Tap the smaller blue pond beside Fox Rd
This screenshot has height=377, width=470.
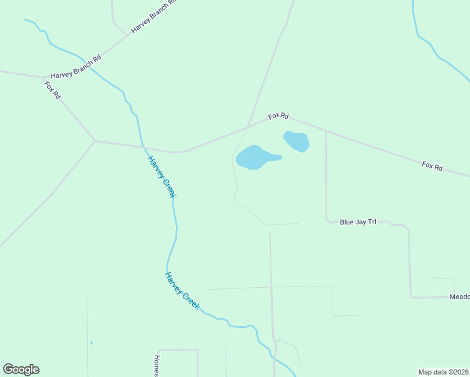click(x=297, y=141)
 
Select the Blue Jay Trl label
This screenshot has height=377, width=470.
click(x=357, y=222)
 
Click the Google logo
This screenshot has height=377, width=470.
click(x=21, y=369)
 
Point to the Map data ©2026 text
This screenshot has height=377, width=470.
click(x=444, y=372)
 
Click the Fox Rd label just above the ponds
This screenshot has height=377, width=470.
click(x=278, y=116)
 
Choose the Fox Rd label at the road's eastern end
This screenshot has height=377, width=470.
click(x=432, y=167)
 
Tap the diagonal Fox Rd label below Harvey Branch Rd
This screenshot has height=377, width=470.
click(x=53, y=90)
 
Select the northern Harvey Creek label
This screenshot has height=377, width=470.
click(x=161, y=176)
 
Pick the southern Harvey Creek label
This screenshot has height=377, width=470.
click(x=182, y=290)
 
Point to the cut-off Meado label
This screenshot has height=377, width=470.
click(x=459, y=297)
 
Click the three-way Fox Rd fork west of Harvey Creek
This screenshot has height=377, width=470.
click(x=95, y=141)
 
